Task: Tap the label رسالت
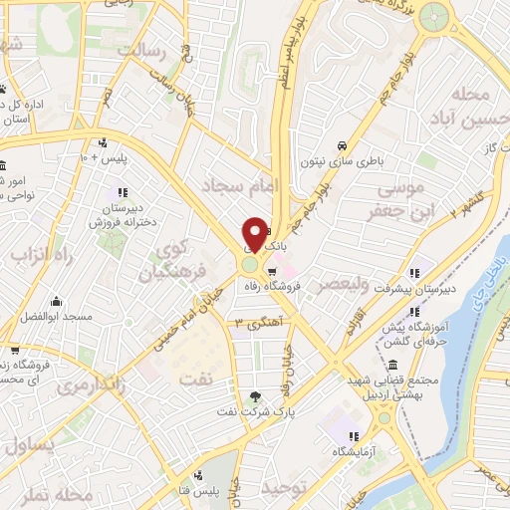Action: (138, 49)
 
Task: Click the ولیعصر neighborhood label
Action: (367, 284)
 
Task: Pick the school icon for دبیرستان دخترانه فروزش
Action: (122, 191)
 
